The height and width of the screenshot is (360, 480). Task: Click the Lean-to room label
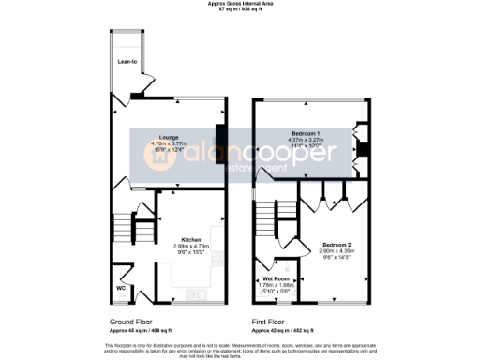pos(127,64)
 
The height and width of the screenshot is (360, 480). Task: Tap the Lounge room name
pos(170,138)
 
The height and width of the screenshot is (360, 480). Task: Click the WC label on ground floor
pos(121,288)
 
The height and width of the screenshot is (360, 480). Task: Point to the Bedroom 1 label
pos(305,133)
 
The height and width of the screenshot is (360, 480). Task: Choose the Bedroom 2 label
pos(336,243)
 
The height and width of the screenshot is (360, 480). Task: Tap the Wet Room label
pos(276,277)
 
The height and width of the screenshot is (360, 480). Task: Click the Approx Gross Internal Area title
pos(240,4)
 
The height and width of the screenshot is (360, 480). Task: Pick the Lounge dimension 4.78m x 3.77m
pos(171,144)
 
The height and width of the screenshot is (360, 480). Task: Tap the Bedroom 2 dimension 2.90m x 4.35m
pos(337,250)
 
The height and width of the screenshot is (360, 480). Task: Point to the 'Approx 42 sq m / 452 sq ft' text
pos(281,330)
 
